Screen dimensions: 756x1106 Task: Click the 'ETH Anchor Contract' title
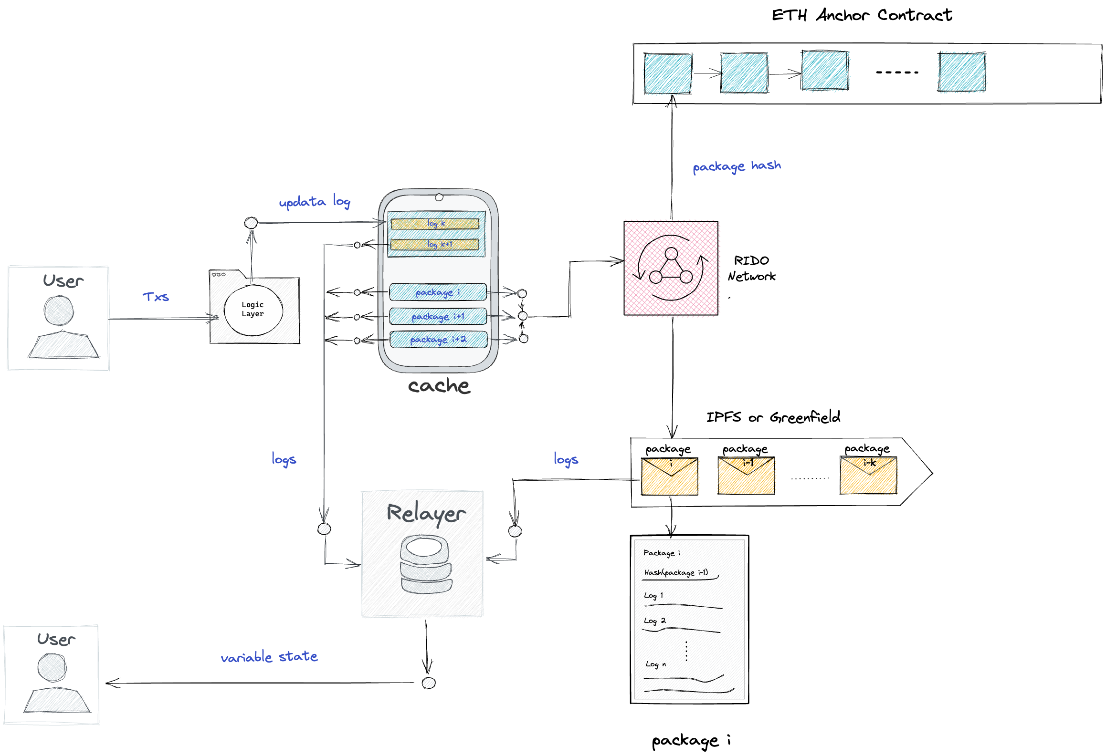(x=862, y=15)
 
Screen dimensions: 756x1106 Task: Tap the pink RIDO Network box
(x=671, y=268)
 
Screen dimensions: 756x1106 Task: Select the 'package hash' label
(x=737, y=166)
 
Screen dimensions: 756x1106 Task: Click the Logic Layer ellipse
(x=253, y=310)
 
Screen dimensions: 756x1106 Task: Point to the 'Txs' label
(x=156, y=297)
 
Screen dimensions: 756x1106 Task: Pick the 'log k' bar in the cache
(x=435, y=224)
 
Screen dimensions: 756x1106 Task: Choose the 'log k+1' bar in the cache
(x=435, y=245)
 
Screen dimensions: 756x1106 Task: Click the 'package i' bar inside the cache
(x=438, y=292)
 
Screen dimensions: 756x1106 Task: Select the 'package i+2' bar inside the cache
(x=438, y=340)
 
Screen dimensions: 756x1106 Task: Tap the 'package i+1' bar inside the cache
(x=438, y=316)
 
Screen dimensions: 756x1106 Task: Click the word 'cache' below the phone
(x=439, y=385)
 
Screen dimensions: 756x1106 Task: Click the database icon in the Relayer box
(x=426, y=565)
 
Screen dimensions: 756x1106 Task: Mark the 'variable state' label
(x=269, y=657)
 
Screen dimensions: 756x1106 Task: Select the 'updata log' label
(x=315, y=202)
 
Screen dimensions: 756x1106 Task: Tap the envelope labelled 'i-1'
(x=746, y=476)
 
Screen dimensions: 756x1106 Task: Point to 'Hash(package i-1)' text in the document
(x=676, y=572)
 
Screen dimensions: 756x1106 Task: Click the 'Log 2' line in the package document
(x=654, y=621)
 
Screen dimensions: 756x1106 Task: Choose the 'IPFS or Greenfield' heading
(x=773, y=417)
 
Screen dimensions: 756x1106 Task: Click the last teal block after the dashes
(x=961, y=72)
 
